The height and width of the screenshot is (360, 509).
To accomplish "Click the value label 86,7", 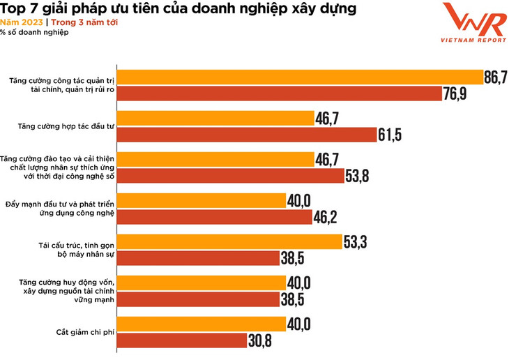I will tap(495, 77).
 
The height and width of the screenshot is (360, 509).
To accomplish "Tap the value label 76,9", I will tap(454, 93).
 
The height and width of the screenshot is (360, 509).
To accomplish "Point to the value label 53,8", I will tap(356, 175).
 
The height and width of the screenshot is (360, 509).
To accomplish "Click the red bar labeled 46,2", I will tap(213, 217).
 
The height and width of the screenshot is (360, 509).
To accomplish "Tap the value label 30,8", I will tap(259, 340).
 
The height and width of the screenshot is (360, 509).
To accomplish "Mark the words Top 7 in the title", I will tap(21, 9).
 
